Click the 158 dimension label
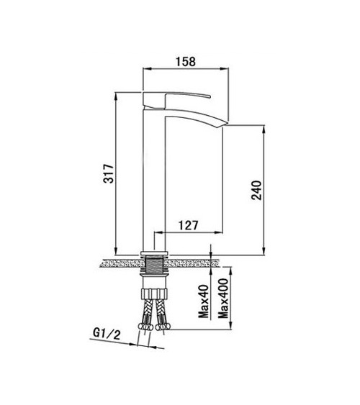coord(186,62)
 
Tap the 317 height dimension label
coord(109,173)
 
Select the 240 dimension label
coord(256,190)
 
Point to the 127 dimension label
coord(189,225)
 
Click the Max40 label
coord(203,301)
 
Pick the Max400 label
coord(223,298)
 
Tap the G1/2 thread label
coord(107,334)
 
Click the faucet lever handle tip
coord(210,97)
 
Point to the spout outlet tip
coord(226,124)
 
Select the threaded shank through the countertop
coord(154,265)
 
